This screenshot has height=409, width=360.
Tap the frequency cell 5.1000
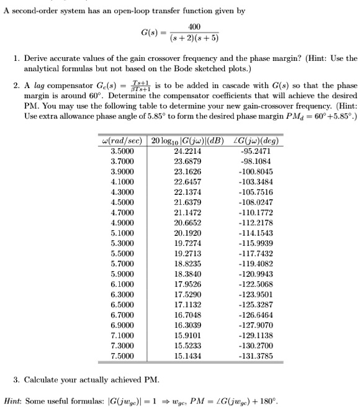[x=122, y=250]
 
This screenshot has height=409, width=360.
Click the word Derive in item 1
[x=35, y=58]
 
